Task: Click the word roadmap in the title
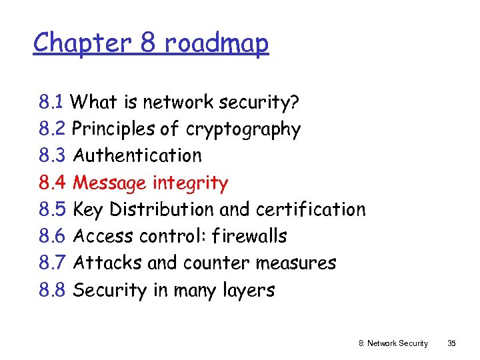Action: (x=217, y=43)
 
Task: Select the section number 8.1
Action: (x=51, y=102)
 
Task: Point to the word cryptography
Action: (x=243, y=129)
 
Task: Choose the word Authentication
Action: (x=137, y=155)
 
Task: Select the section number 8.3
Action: (x=52, y=155)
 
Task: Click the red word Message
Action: (x=110, y=183)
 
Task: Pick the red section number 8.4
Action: (x=52, y=183)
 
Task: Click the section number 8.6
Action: (x=52, y=236)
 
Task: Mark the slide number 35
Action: (x=451, y=343)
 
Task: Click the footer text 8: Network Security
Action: (x=393, y=343)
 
